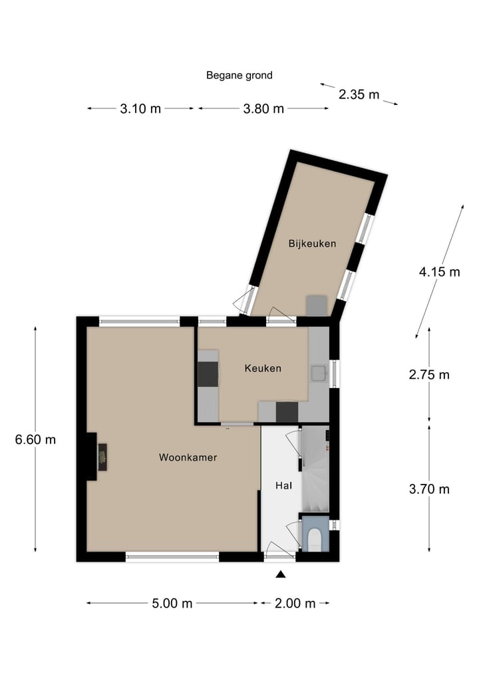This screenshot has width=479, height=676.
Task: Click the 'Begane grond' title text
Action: click(239, 75)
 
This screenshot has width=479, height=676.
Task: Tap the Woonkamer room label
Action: click(188, 457)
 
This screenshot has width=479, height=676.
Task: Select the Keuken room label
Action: click(263, 368)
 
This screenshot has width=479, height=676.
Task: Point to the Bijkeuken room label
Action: click(312, 243)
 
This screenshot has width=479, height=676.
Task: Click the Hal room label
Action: click(284, 486)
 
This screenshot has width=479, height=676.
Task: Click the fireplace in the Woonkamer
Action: click(103, 457)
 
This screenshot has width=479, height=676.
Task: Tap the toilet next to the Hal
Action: click(314, 537)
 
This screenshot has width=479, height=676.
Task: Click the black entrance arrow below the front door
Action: click(281, 575)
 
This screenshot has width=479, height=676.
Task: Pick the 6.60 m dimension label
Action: click(35, 439)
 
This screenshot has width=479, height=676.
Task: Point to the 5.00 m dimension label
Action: click(172, 604)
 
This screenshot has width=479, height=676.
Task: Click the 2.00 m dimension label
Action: click(295, 604)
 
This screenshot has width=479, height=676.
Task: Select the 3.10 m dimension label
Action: click(140, 109)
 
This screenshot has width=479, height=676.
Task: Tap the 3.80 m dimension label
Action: click(263, 109)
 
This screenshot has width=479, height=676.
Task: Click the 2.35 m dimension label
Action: click(359, 94)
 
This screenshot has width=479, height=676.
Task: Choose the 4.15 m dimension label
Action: click(439, 271)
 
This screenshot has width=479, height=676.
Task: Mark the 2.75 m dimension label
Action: click(429, 375)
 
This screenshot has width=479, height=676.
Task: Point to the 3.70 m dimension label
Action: click(429, 489)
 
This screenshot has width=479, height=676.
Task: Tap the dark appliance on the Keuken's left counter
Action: click(208, 374)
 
